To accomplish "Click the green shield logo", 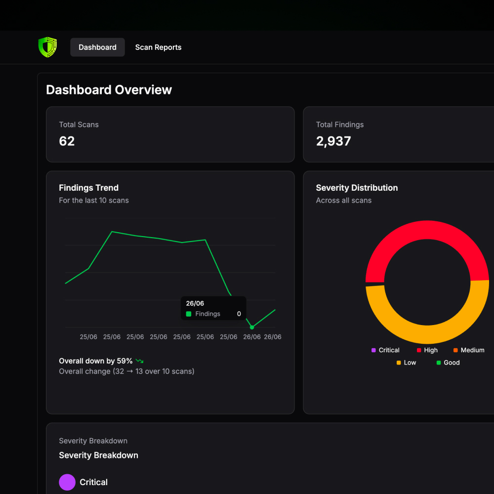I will point(47,47).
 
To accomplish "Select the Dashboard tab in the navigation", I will point(97,47).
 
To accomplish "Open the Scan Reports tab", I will point(158,47).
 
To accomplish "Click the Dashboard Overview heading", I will point(109,90).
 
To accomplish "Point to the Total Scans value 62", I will point(67,141).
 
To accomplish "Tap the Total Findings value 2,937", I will point(333,141).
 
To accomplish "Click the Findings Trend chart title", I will point(88,188).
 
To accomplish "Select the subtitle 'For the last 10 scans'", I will point(94,201).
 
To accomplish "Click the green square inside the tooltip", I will point(189,314).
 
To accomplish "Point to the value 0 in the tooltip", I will point(239,314).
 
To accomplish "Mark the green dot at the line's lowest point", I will point(252,327).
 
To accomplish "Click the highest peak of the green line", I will point(112,232).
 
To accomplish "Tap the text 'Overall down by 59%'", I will point(96,361).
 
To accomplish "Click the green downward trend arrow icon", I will point(139,361).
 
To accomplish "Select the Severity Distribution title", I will point(357,188).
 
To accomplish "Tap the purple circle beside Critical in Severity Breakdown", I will point(67,482).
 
